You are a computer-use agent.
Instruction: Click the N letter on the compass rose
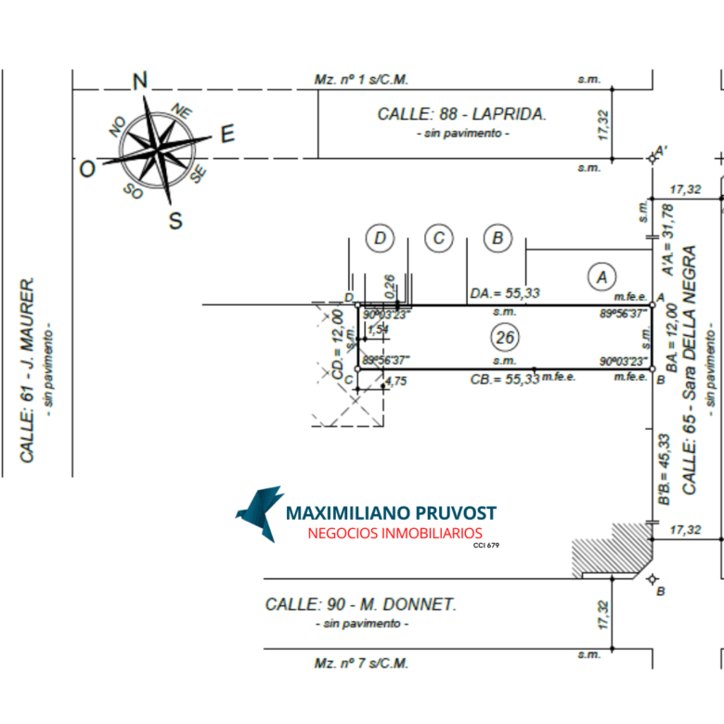click(140, 82)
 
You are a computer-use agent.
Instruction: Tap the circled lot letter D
click(380, 239)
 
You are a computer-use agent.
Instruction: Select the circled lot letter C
click(438, 239)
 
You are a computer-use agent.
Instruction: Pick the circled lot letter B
click(498, 239)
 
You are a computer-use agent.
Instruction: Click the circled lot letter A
click(601, 276)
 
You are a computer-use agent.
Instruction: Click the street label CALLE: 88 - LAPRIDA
click(461, 114)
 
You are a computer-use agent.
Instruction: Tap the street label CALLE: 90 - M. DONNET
click(360, 604)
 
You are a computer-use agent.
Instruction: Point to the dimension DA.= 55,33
click(504, 293)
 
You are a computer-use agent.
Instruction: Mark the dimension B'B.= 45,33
click(665, 470)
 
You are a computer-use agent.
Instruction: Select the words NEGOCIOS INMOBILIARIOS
click(394, 533)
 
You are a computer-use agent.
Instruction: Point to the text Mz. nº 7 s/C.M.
click(361, 663)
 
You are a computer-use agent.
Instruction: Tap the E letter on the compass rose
click(226, 134)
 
